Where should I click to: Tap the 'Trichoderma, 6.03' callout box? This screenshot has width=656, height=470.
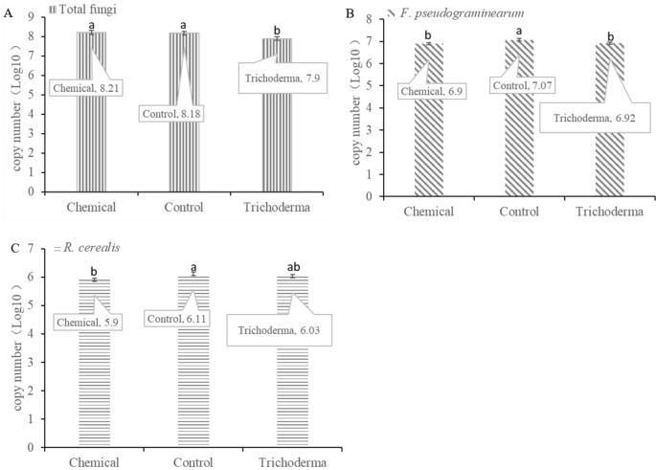point(273,330)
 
